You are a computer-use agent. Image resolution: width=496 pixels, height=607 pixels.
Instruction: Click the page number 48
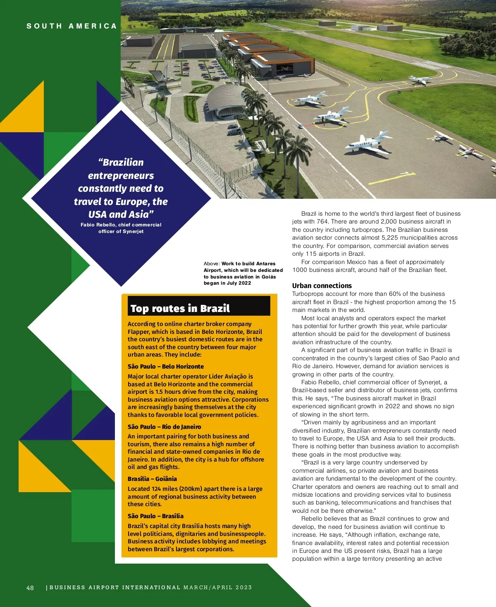[30, 588]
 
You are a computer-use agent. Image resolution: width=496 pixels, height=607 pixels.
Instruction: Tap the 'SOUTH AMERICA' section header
[72, 26]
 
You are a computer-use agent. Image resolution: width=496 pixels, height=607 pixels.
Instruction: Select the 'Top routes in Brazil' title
[180, 308]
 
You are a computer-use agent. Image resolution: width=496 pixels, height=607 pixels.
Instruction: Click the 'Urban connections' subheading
[322, 286]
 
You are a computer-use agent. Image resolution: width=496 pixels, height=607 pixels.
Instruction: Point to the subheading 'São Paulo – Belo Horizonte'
[165, 367]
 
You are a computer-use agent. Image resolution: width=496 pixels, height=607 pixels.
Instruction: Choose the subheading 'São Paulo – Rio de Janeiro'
[164, 427]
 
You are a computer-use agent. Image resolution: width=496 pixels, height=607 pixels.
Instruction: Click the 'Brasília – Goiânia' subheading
[152, 479]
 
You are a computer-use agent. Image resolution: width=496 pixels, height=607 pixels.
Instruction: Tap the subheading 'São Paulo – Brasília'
[155, 516]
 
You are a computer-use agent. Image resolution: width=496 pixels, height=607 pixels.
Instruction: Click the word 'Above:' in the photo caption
[212, 264]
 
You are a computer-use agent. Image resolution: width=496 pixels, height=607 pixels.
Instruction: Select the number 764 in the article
[322, 221]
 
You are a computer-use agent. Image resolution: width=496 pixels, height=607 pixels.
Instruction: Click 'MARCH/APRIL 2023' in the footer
[217, 588]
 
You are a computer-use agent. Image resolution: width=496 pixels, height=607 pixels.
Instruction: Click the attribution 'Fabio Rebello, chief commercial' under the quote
[121, 225]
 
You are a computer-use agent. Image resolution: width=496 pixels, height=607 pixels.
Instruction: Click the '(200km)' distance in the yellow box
[180, 489]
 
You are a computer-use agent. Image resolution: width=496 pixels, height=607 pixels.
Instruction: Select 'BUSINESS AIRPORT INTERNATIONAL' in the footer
[115, 588]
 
